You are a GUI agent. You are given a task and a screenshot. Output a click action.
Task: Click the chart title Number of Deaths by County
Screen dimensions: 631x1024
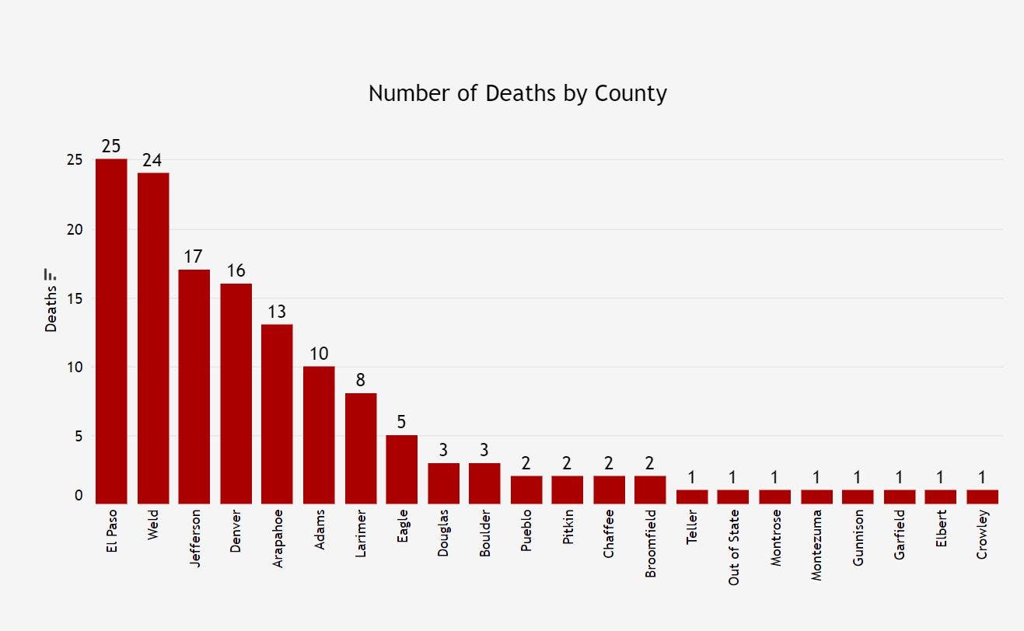pos(517,93)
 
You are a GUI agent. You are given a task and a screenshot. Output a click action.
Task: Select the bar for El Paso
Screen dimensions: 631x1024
pos(111,331)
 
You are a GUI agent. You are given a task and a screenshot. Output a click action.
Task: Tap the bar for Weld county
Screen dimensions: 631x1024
pos(153,338)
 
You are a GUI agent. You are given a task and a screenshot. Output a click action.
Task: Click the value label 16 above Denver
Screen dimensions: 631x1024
pos(236,270)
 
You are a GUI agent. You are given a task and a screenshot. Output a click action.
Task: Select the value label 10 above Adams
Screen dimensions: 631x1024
pos(319,354)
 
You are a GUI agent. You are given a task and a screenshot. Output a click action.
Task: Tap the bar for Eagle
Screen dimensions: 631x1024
pos(401,469)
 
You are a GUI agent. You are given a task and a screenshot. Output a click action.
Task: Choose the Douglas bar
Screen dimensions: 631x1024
pos(443,483)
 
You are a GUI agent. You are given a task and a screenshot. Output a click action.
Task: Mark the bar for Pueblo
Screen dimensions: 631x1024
pos(526,490)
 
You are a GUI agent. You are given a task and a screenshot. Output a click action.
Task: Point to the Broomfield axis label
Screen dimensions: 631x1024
pos(650,543)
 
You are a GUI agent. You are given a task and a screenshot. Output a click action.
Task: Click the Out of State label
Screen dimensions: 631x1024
pos(733,547)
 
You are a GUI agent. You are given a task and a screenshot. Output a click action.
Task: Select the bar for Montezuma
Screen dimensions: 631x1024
pos(816,497)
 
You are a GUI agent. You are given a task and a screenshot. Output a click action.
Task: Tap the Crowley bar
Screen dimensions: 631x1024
pos(982,497)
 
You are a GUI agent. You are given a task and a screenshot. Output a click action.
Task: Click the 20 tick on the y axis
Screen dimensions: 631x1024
pos(74,229)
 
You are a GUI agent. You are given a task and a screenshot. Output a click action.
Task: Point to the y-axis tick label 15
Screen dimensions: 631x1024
pos(74,298)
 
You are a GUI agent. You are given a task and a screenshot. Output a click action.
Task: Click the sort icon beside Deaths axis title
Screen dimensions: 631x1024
pos(51,274)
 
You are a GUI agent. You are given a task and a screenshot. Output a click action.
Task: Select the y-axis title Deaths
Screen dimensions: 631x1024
pos(51,310)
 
